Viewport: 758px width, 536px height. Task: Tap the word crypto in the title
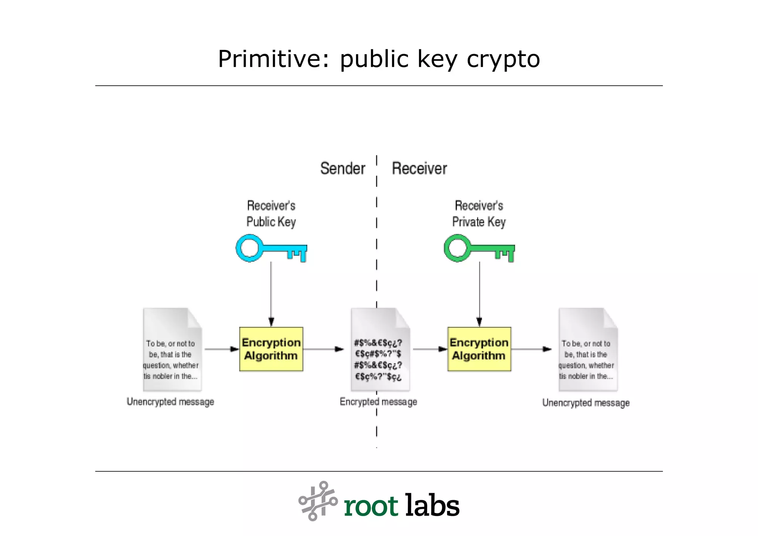[503, 60]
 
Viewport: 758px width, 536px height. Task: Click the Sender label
[342, 169]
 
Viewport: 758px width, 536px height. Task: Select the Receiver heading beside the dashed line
[419, 169]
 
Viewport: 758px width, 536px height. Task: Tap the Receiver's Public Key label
[271, 214]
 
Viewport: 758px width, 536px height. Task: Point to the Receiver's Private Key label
[479, 214]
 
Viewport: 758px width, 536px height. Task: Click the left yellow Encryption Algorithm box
[271, 349]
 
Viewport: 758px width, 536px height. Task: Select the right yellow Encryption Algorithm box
[479, 349]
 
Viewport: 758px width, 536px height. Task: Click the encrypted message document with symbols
[380, 350]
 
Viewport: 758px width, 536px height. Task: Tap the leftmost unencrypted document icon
[172, 350]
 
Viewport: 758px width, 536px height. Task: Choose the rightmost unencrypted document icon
[588, 350]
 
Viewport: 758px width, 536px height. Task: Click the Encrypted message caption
[378, 402]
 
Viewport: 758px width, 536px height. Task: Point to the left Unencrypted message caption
[170, 402]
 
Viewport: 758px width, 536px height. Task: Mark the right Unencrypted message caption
[586, 403]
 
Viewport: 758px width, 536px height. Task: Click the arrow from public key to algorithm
[271, 293]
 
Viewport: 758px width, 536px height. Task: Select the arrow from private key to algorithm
[479, 293]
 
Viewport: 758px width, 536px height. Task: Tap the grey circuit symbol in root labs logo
[318, 501]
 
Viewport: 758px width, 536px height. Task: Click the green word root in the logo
[370, 506]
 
